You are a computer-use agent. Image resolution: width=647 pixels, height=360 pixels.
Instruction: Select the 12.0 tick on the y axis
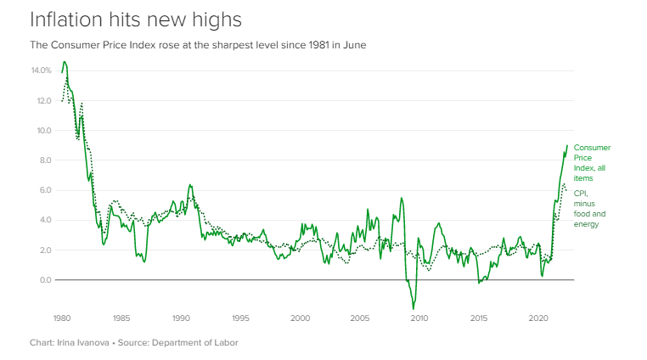[x=43, y=100]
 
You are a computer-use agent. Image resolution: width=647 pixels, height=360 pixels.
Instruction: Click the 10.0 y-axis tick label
[x=43, y=131]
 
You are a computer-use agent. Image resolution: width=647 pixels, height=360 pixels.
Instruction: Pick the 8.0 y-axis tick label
[x=45, y=160]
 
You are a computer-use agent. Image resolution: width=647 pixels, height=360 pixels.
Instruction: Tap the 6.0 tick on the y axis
[x=45, y=190]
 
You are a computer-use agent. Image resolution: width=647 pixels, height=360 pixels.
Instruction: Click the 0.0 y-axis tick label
[x=45, y=279]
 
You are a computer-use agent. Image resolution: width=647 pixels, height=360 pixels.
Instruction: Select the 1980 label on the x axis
[x=61, y=318]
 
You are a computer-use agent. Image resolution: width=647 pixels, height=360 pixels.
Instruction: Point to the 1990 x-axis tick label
[x=181, y=318]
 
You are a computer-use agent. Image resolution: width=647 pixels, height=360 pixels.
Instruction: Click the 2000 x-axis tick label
[x=300, y=318]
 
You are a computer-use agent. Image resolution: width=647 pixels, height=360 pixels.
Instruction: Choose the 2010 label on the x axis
[x=419, y=318]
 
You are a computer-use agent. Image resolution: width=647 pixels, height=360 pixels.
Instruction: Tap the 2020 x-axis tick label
[x=537, y=318]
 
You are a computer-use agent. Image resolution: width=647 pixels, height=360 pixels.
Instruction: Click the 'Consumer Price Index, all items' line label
[x=591, y=163]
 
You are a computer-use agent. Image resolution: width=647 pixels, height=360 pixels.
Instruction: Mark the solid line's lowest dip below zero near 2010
[x=414, y=308]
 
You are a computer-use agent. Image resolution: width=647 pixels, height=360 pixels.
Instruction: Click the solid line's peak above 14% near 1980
[x=65, y=62]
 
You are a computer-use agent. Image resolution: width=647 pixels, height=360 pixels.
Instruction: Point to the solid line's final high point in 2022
[x=567, y=145]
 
